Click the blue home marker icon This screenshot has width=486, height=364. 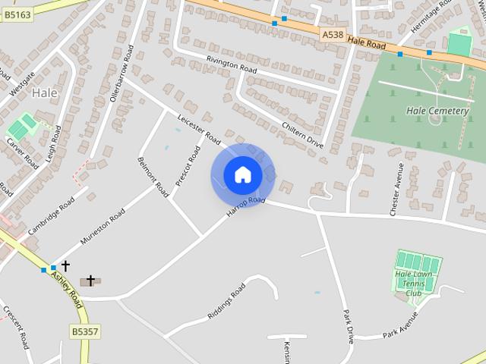(243, 175)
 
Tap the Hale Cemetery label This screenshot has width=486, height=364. (437, 111)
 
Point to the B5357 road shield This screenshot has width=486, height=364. (86, 331)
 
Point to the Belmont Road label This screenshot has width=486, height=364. (153, 177)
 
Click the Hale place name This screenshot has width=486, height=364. (44, 93)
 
